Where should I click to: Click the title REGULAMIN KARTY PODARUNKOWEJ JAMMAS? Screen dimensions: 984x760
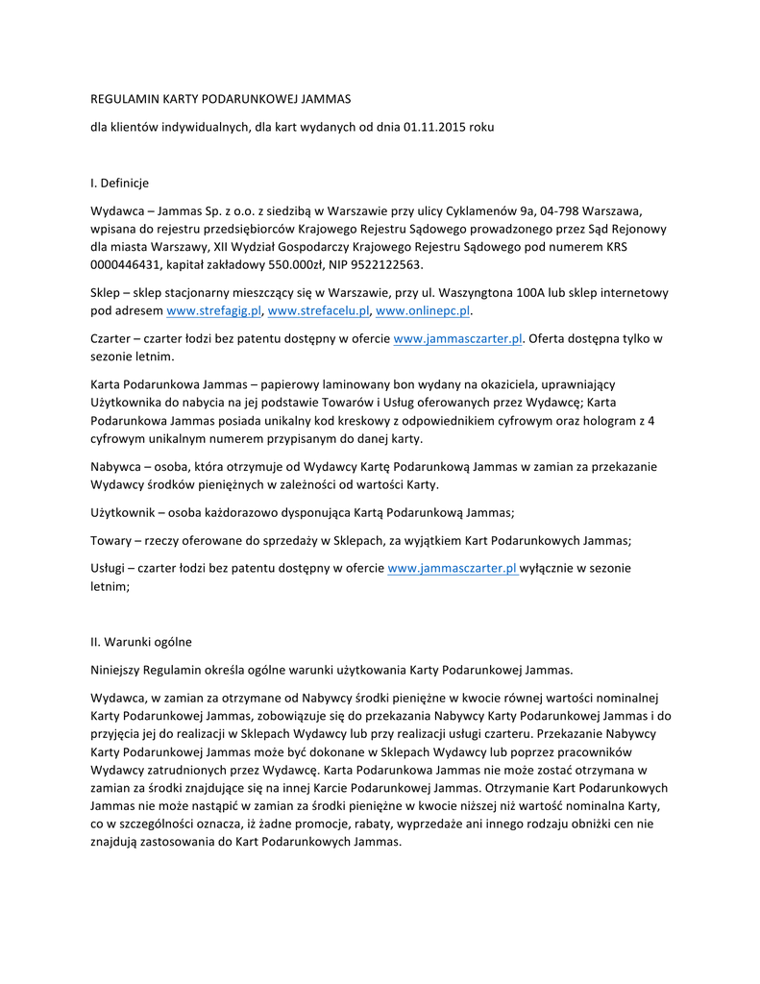point(221,99)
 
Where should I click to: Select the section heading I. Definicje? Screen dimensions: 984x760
point(119,183)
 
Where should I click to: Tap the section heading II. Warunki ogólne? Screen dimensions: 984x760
point(141,642)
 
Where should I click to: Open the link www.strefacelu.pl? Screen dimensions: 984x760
point(319,311)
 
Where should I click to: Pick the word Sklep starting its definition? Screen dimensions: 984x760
point(106,293)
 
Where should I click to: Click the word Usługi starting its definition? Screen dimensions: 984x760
point(110,568)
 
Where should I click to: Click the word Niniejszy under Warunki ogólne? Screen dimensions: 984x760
point(119,669)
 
